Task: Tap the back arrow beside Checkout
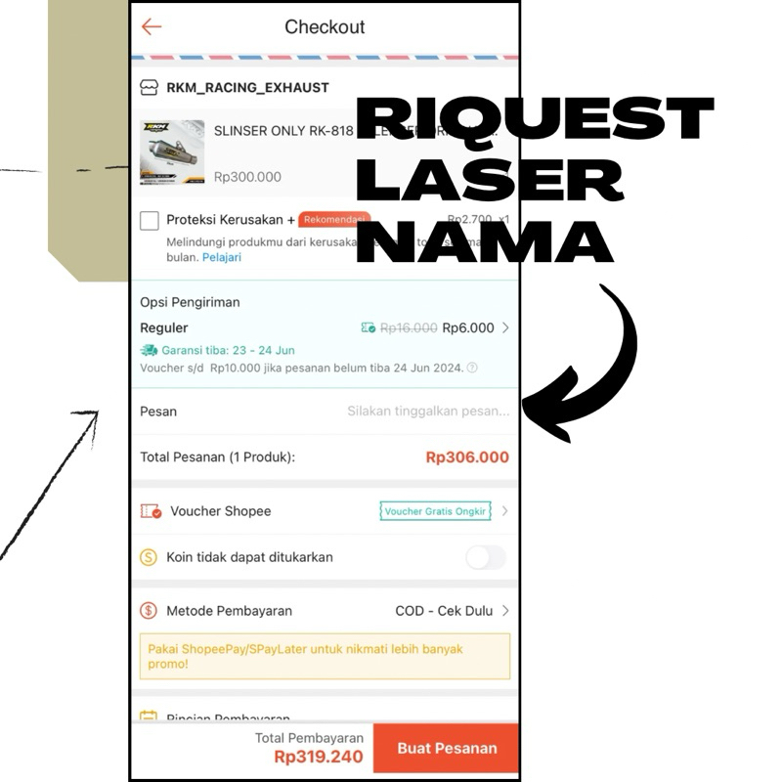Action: coord(152,27)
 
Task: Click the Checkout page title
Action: coord(325,27)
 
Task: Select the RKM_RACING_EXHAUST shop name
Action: coord(247,87)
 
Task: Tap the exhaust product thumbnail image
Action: coord(172,152)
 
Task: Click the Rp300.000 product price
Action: coord(247,177)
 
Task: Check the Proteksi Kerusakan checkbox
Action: coord(150,221)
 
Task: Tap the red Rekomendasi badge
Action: coord(334,219)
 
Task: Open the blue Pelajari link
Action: coord(222,257)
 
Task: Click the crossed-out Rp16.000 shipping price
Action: coord(409,328)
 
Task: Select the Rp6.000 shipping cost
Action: coord(468,328)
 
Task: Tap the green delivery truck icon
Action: coord(149,350)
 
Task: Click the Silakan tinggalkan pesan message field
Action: coord(428,412)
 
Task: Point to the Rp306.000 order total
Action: coord(467,456)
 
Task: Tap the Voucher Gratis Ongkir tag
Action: coord(435,511)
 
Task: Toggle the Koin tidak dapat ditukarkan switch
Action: coord(486,557)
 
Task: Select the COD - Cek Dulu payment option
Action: coord(444,611)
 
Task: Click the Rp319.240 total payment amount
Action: coord(319,757)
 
